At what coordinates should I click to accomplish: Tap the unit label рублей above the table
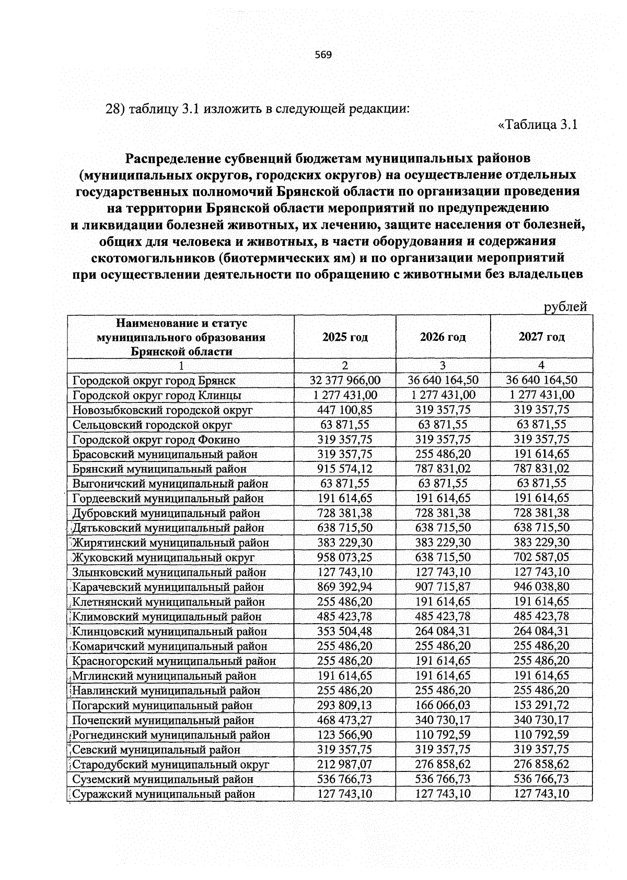pyautogui.click(x=565, y=307)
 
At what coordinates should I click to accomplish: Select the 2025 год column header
pyautogui.click(x=345, y=337)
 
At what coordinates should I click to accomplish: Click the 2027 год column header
pyautogui.click(x=541, y=337)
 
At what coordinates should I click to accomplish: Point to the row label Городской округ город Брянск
pyautogui.click(x=154, y=380)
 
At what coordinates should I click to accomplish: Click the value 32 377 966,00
pyautogui.click(x=345, y=380)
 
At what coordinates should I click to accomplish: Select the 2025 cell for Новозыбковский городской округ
pyautogui.click(x=345, y=410)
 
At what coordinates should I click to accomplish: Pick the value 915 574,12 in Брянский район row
pyautogui.click(x=345, y=469)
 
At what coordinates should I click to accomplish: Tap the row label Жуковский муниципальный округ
pyautogui.click(x=164, y=557)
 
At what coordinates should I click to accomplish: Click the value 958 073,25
pyautogui.click(x=345, y=557)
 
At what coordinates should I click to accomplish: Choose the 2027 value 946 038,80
pyautogui.click(x=541, y=587)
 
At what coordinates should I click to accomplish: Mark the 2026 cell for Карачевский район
pyautogui.click(x=443, y=587)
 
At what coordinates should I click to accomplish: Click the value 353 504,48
pyautogui.click(x=345, y=632)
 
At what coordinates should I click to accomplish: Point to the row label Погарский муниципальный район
pyautogui.click(x=162, y=706)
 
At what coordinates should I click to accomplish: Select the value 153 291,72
pyautogui.click(x=541, y=706)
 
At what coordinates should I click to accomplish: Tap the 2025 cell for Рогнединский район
pyautogui.click(x=345, y=735)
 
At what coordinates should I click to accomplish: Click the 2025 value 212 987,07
pyautogui.click(x=345, y=765)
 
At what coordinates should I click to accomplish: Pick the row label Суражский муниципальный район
pyautogui.click(x=164, y=794)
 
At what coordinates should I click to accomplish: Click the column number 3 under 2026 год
pyautogui.click(x=443, y=365)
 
